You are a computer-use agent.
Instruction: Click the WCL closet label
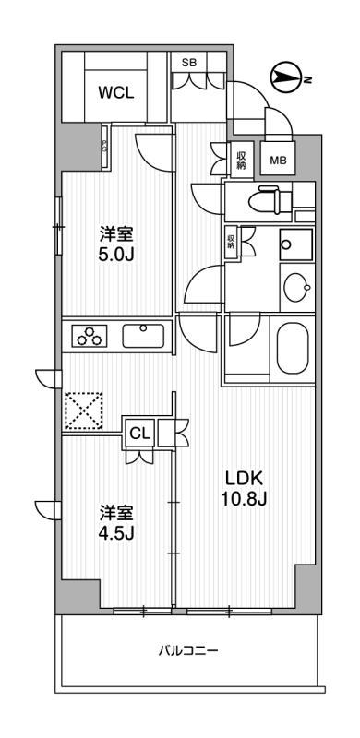click(117, 92)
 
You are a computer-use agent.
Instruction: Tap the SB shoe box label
click(188, 62)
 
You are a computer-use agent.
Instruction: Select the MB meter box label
click(277, 160)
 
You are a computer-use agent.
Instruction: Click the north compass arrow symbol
click(287, 78)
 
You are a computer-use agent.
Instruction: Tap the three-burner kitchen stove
click(90, 337)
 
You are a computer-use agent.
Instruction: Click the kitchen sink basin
click(143, 335)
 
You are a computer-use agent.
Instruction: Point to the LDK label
click(246, 478)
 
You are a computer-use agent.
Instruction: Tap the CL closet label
click(140, 431)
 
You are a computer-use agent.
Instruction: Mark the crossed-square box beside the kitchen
click(83, 411)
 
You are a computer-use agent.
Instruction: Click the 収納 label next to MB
click(241, 160)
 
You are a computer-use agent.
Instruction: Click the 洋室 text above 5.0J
click(117, 232)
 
